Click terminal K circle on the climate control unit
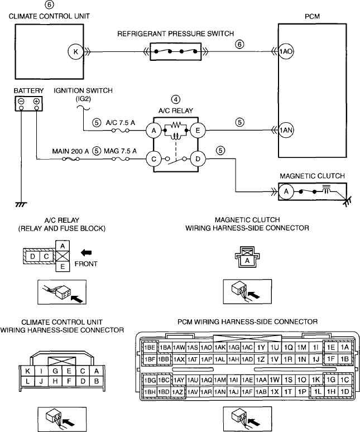[x=75, y=51]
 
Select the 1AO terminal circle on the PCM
[x=286, y=51]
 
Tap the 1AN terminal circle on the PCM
[x=286, y=130]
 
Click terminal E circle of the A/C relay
[x=198, y=130]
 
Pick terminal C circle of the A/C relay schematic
[x=153, y=159]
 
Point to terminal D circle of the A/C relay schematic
[x=198, y=159]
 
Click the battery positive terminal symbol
[x=36, y=101]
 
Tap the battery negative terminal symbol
[x=21, y=101]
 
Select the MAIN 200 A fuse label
[x=70, y=151]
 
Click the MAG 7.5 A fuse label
[x=120, y=151]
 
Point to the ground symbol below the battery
[x=21, y=204]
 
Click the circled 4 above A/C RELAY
[x=176, y=99]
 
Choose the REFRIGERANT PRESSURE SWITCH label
[x=175, y=34]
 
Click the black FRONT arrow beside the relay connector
[x=86, y=252]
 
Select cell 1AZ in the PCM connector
[x=177, y=391]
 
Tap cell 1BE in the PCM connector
[x=150, y=347]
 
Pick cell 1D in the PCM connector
[x=344, y=391]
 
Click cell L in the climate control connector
[x=27, y=381]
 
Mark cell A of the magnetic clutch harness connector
[x=247, y=260]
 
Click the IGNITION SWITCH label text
[x=83, y=90]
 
